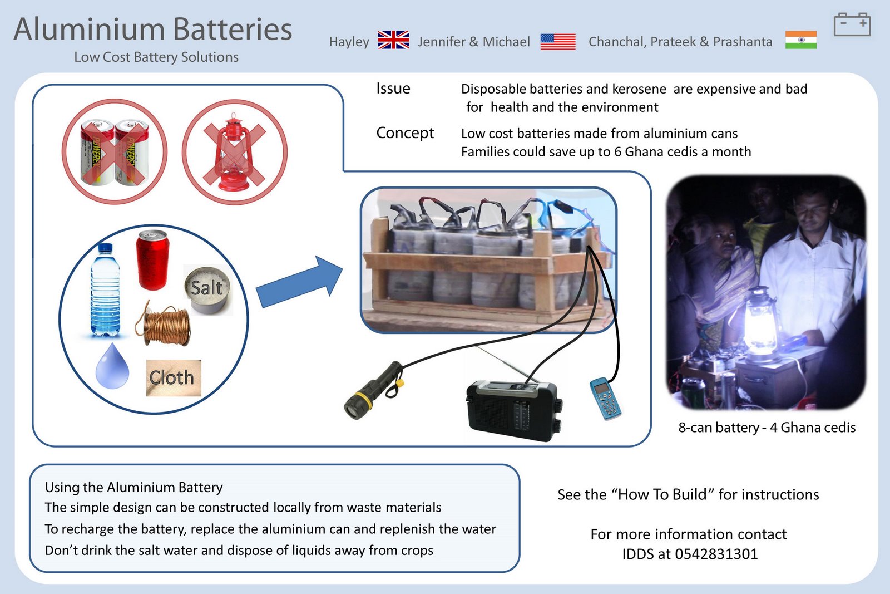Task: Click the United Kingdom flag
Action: [393, 40]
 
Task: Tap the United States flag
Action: [557, 41]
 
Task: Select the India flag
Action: [800, 40]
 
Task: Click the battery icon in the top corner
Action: [852, 25]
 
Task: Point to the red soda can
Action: [152, 260]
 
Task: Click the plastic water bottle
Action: [105, 291]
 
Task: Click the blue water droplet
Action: [112, 366]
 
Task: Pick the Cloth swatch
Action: [173, 378]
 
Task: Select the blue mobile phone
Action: [605, 399]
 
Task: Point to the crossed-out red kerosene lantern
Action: [235, 151]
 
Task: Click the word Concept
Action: [404, 133]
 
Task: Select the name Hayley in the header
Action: [349, 42]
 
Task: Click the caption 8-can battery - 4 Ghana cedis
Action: [767, 428]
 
